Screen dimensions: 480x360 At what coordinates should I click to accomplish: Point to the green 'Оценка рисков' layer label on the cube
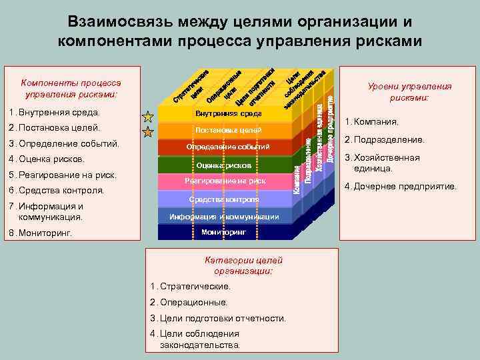(x=224, y=164)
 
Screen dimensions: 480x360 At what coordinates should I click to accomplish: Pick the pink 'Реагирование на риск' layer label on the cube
(x=224, y=181)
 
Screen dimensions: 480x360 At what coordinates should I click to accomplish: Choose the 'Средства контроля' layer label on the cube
(x=224, y=199)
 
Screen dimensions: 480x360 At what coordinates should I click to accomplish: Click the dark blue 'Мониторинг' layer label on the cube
(x=224, y=232)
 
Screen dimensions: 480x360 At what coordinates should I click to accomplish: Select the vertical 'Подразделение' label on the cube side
(x=309, y=160)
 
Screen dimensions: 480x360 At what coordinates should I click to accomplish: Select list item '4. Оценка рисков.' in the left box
(x=47, y=159)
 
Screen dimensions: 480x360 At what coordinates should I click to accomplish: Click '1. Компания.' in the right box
(x=372, y=122)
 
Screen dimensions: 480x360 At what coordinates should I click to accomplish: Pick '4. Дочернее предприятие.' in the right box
(x=401, y=187)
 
